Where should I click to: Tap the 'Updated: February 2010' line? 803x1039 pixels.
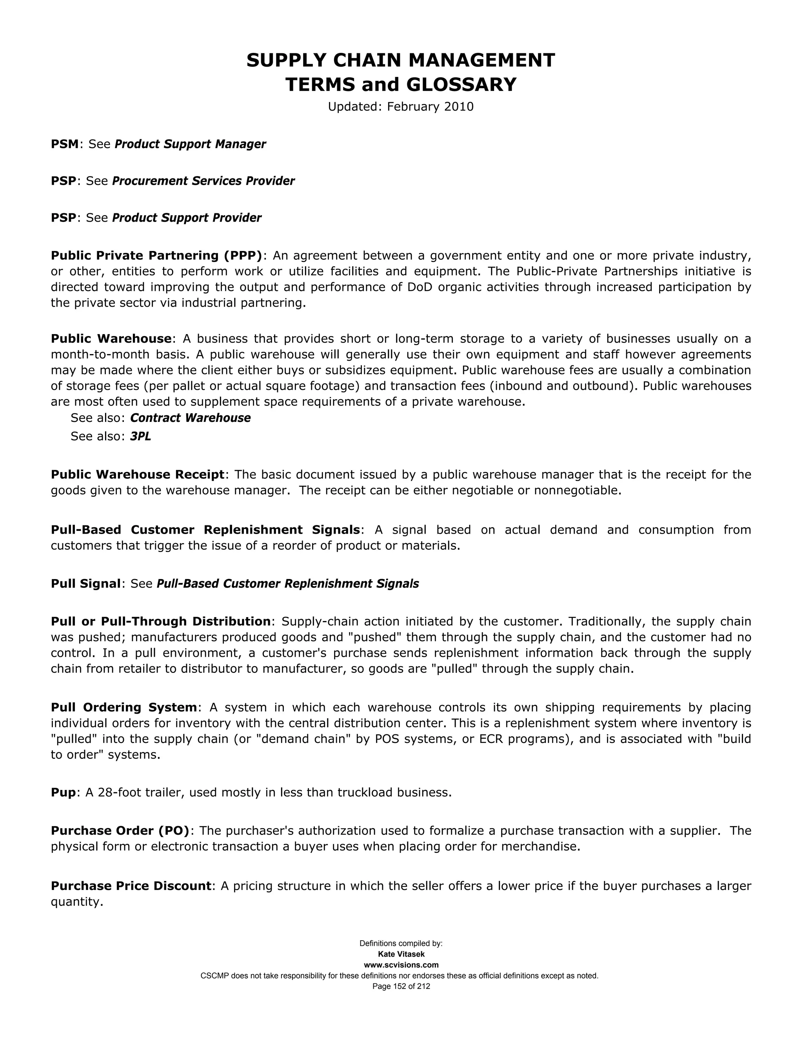click(x=401, y=107)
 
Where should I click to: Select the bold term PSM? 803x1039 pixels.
click(x=64, y=144)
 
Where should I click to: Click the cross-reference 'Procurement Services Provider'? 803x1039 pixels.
click(x=203, y=181)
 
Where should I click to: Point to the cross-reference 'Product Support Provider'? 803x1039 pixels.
click(x=187, y=218)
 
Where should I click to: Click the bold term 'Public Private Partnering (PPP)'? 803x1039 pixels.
click(x=156, y=256)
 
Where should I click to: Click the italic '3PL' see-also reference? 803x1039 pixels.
click(x=140, y=437)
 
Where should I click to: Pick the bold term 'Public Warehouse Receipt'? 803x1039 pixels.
click(x=137, y=475)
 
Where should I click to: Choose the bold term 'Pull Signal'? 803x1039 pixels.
click(x=85, y=584)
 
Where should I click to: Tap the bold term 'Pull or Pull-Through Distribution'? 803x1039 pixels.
click(x=160, y=622)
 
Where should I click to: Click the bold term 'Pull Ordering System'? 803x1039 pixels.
click(x=124, y=707)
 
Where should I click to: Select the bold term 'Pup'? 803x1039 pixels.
click(x=63, y=792)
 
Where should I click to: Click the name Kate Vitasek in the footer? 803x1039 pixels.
click(x=401, y=954)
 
